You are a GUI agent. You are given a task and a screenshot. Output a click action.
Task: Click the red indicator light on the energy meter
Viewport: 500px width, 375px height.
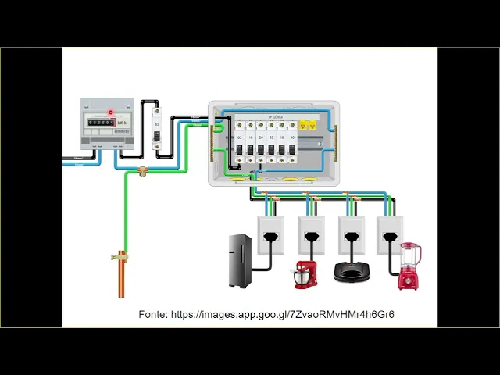(x=111, y=112)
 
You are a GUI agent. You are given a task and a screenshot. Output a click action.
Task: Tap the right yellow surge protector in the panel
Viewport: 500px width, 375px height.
(x=312, y=125)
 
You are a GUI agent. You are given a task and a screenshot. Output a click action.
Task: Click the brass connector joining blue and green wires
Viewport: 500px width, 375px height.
(x=143, y=171)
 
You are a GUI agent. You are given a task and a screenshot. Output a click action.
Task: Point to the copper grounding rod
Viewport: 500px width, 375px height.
(x=121, y=277)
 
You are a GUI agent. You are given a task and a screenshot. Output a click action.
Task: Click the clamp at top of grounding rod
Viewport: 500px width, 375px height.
(x=121, y=255)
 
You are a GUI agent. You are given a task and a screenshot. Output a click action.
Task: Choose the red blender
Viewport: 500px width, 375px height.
(x=409, y=266)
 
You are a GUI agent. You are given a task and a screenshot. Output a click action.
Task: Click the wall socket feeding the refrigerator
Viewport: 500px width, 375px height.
(x=270, y=234)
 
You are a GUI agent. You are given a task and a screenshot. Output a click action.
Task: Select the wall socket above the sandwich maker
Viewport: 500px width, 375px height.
(x=352, y=234)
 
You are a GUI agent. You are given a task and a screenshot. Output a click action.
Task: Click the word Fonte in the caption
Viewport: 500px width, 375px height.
(x=152, y=314)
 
